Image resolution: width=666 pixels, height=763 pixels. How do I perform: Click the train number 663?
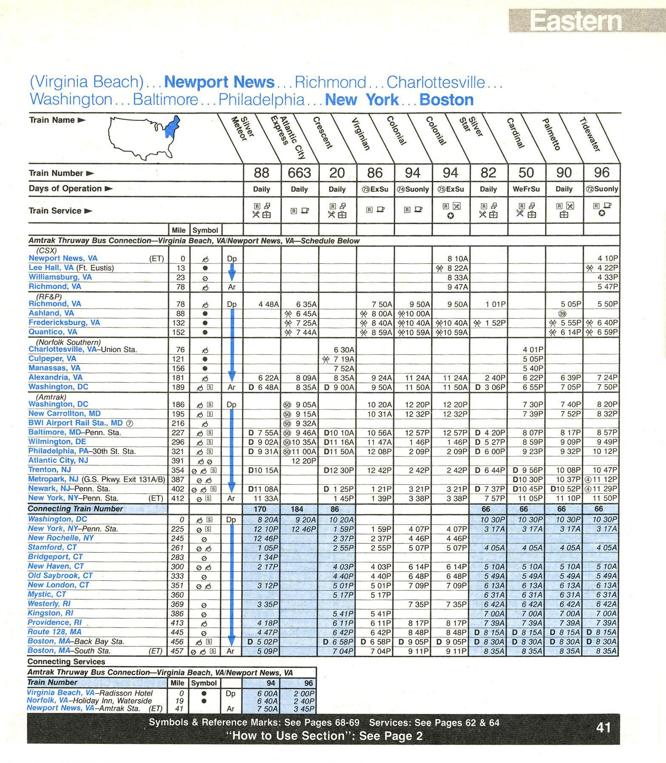[x=299, y=173]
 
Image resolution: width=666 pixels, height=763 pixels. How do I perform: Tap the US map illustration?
[x=143, y=137]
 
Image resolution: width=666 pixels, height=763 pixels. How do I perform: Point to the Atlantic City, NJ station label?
[x=58, y=460]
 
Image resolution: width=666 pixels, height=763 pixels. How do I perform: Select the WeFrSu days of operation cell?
[x=526, y=189]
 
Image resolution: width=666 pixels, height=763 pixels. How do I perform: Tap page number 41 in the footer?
[x=603, y=728]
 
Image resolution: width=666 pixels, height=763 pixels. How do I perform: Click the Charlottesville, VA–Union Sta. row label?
[x=83, y=350]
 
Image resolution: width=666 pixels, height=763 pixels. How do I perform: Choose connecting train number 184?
[x=297, y=509]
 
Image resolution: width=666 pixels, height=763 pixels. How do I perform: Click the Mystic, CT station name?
[x=47, y=594]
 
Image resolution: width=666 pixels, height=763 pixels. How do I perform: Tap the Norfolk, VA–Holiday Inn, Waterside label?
[x=89, y=701]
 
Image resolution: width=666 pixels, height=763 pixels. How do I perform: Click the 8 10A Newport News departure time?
[x=457, y=258]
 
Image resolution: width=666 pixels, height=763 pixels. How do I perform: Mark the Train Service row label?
[x=55, y=211]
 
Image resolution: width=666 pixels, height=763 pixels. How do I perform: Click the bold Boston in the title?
[x=446, y=100]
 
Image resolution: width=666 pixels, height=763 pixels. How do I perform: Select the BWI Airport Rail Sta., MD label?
[x=75, y=423]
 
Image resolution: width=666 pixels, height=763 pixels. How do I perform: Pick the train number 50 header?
[x=526, y=173]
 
